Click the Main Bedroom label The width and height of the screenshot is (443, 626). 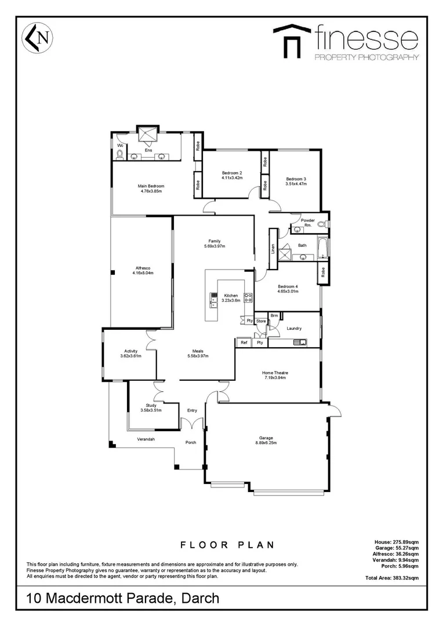pyautogui.click(x=151, y=186)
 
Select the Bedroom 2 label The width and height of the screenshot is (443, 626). pyautogui.click(x=232, y=173)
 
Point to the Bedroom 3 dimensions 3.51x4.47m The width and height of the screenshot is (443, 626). pyautogui.click(x=296, y=184)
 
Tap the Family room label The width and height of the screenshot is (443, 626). pyautogui.click(x=215, y=241)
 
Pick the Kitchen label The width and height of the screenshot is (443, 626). pyautogui.click(x=231, y=296)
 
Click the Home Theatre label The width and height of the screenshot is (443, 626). pyautogui.click(x=275, y=373)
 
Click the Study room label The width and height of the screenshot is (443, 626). pyautogui.click(x=151, y=405)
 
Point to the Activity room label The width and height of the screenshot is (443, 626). pyautogui.click(x=130, y=351)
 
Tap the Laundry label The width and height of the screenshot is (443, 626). pyautogui.click(x=294, y=328)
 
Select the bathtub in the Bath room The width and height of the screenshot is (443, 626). pyautogui.click(x=322, y=247)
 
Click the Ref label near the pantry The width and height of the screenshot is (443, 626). pyautogui.click(x=244, y=343)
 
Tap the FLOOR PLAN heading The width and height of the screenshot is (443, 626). pyautogui.click(x=227, y=545)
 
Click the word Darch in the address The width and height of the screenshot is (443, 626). pyautogui.click(x=198, y=599)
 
